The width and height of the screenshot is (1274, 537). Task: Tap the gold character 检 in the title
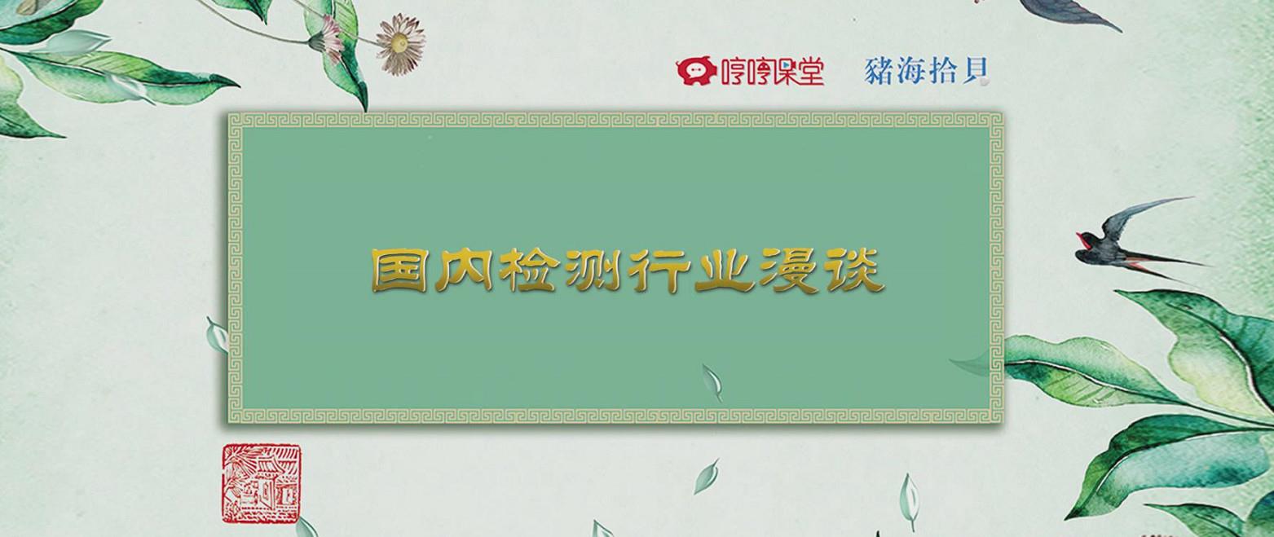(527, 271)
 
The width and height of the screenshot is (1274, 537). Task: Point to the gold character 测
(592, 271)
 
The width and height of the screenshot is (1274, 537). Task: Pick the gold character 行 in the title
(657, 271)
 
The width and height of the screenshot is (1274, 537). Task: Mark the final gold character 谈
(853, 271)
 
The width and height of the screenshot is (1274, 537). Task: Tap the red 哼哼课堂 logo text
(773, 72)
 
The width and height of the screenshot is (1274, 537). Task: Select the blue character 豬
(879, 71)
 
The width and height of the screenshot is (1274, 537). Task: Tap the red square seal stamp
(261, 483)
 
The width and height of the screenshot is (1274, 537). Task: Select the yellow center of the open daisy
(400, 42)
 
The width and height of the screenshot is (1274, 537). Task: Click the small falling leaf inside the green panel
(712, 381)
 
